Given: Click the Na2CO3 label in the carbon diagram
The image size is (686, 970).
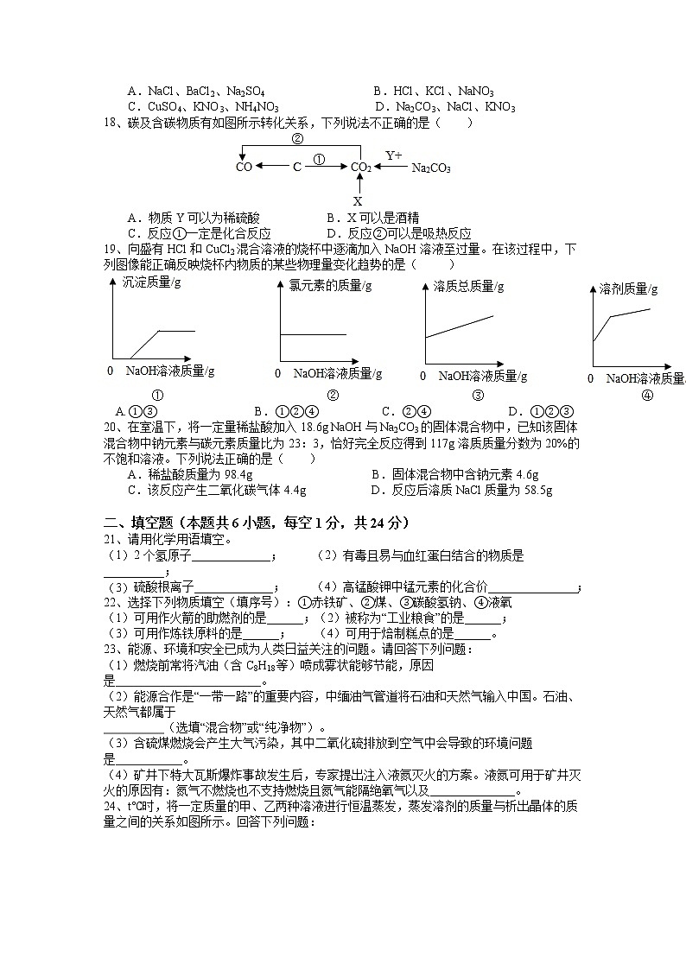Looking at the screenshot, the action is point(430,168).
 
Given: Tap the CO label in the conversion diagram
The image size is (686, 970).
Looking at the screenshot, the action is point(244,167).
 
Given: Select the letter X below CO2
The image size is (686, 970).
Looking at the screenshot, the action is point(358,201).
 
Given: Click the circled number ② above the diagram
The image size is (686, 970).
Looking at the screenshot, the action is point(297,138).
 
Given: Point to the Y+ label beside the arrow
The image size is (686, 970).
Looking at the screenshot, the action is point(394,155).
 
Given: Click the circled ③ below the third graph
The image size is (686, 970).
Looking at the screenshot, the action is point(477,396).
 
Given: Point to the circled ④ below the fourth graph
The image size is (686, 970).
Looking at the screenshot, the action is point(647,396).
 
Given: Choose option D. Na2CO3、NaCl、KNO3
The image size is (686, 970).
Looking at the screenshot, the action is point(444,107).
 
